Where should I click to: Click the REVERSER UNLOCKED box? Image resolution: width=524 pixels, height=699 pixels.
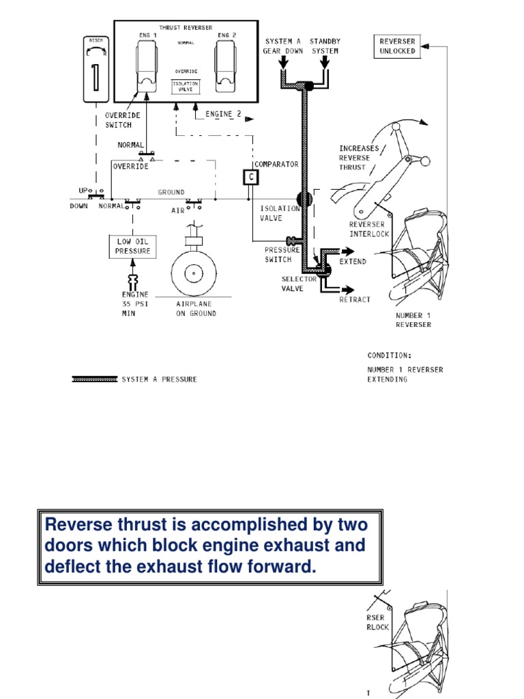[x=398, y=46]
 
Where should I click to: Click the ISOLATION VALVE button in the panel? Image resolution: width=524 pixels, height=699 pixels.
[x=186, y=86]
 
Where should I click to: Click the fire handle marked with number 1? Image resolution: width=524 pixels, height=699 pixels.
[x=96, y=68]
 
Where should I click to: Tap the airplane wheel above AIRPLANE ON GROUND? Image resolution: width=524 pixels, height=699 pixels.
[x=194, y=274]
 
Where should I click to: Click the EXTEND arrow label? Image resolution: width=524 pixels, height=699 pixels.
[x=353, y=261]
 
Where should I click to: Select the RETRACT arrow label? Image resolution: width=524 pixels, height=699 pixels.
[x=355, y=299]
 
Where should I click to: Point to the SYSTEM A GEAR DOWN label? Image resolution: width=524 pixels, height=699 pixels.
[x=282, y=46]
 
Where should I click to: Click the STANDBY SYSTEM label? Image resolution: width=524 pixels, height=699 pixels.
[x=325, y=46]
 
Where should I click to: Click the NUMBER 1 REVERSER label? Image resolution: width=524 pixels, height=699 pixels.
[x=413, y=320]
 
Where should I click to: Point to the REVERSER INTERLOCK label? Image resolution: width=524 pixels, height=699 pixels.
[x=369, y=229]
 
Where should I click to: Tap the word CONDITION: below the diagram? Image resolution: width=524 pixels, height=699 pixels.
[x=390, y=356]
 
